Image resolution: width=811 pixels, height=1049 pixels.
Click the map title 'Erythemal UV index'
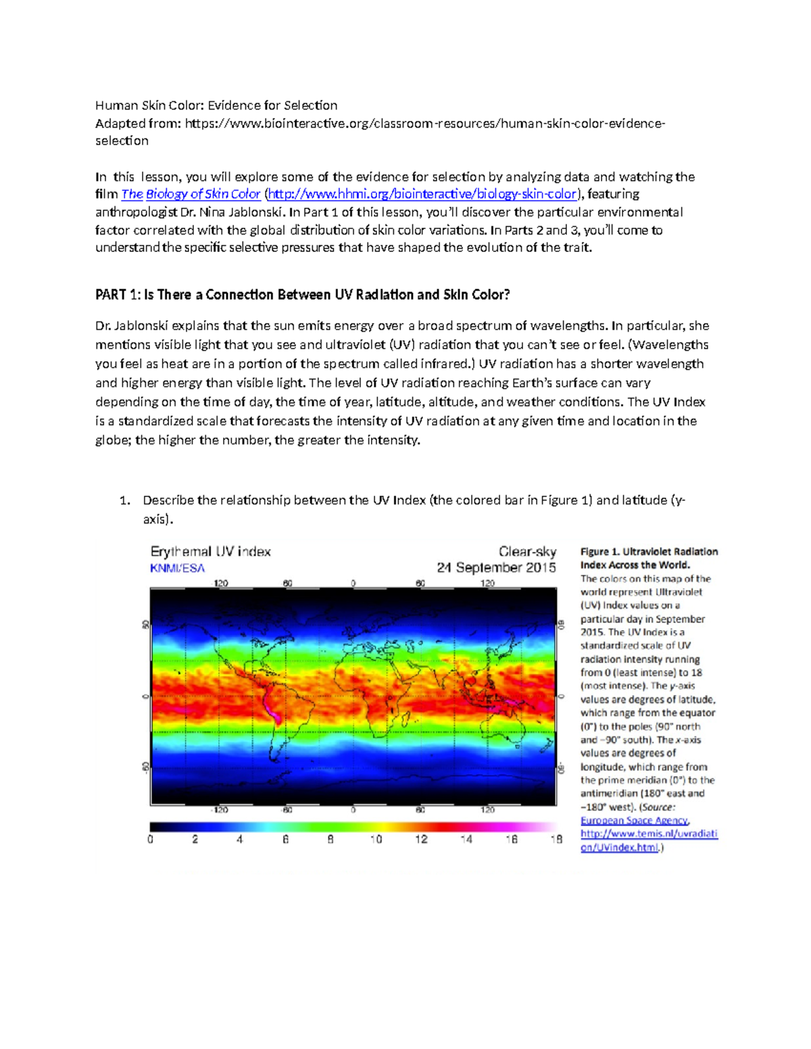pyautogui.click(x=210, y=552)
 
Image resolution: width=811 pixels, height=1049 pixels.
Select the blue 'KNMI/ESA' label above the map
pyautogui.click(x=177, y=569)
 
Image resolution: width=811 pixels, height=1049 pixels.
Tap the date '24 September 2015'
pyautogui.click(x=496, y=568)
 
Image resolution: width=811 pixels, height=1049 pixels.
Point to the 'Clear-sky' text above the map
pyautogui.click(x=527, y=552)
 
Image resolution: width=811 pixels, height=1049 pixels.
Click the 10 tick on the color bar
pyautogui.click(x=376, y=840)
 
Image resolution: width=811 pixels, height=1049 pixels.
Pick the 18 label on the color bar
pyautogui.click(x=556, y=840)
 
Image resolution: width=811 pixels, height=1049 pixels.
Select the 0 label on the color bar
pyautogui.click(x=151, y=840)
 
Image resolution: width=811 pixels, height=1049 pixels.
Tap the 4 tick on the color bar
pyautogui.click(x=239, y=840)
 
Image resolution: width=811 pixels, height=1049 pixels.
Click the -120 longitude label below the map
pyautogui.click(x=220, y=810)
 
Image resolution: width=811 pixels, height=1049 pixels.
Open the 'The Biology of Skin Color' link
pyautogui.click(x=191, y=195)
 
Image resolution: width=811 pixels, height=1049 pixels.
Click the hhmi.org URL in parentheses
pyautogui.click(x=422, y=195)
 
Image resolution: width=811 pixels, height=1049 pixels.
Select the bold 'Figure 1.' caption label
pyautogui.click(x=599, y=552)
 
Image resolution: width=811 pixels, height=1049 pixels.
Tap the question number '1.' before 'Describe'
pyautogui.click(x=124, y=501)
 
